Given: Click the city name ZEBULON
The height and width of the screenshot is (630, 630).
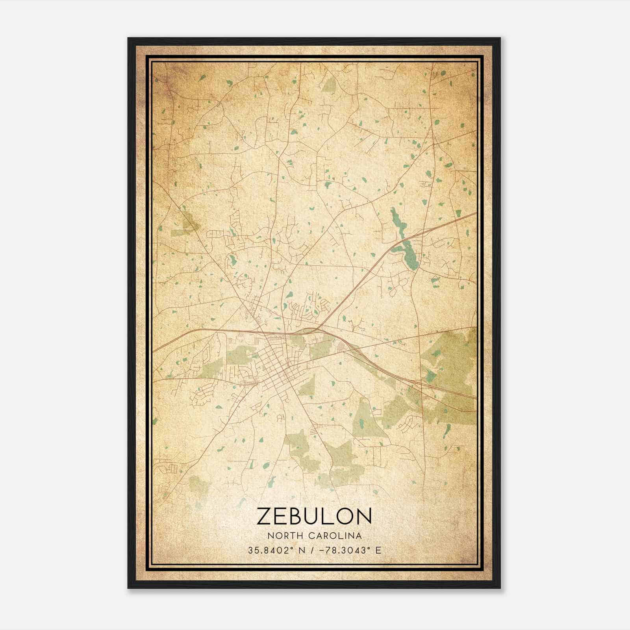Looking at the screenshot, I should [314, 516].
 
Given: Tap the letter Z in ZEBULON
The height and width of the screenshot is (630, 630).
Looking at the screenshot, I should [264, 516].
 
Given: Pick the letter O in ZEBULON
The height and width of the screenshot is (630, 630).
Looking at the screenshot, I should [346, 516].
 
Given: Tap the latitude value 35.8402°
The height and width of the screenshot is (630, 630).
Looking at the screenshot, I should [272, 550].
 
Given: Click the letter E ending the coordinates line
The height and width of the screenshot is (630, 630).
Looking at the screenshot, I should [378, 550].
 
